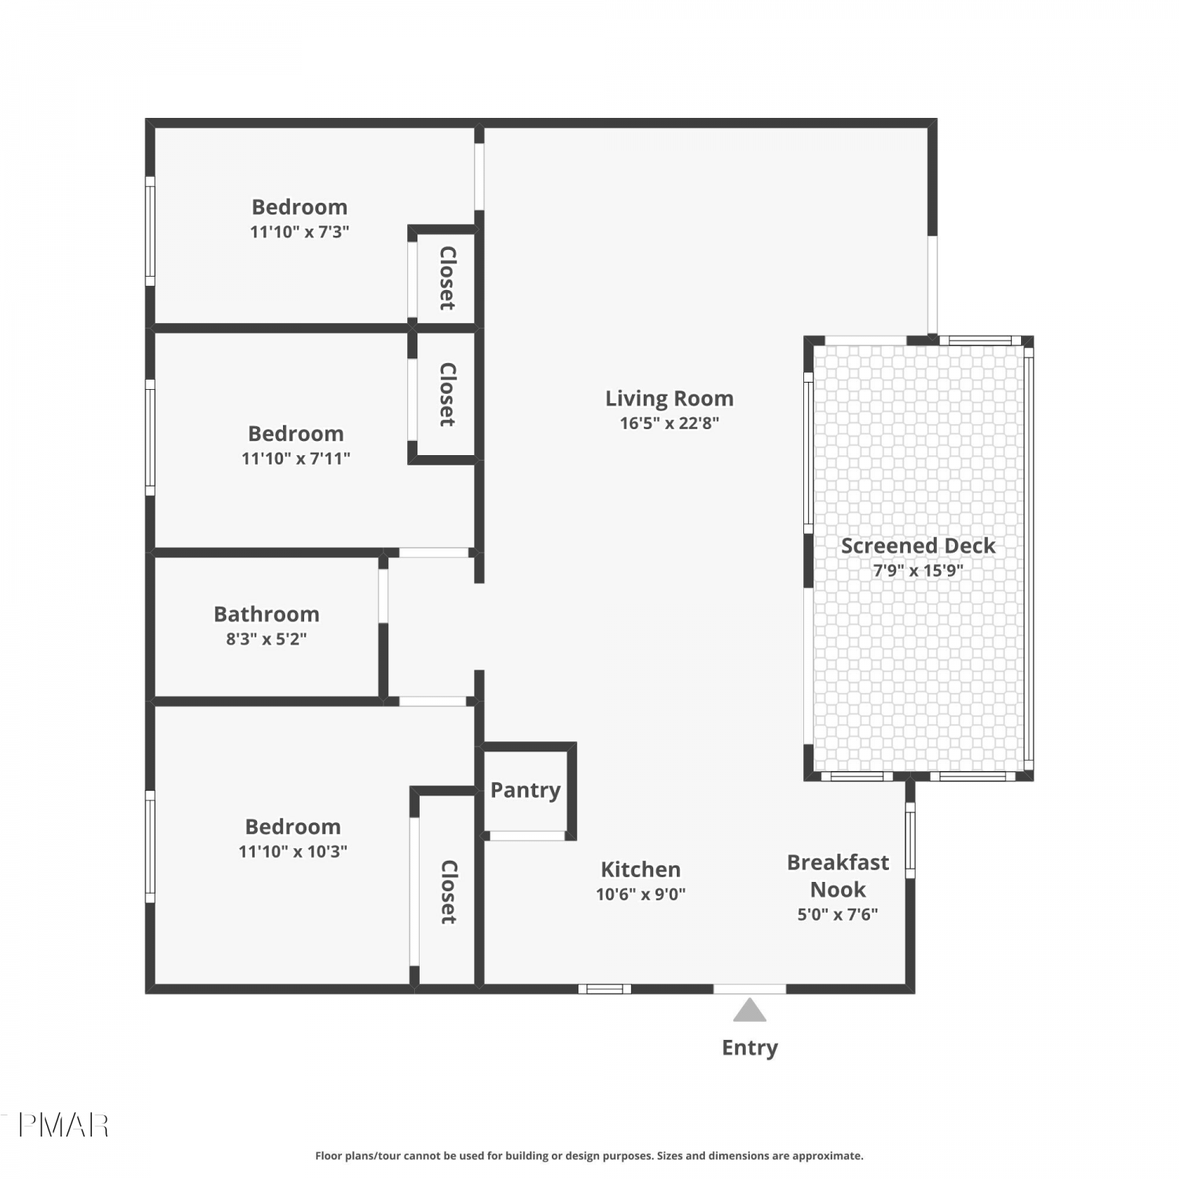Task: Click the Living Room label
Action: click(x=669, y=399)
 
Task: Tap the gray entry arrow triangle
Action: click(x=749, y=1010)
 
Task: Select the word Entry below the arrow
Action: click(x=750, y=1048)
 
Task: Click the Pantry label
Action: click(x=525, y=791)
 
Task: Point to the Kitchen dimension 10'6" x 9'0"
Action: click(x=641, y=894)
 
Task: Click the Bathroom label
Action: click(x=266, y=614)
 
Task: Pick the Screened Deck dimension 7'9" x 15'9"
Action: click(x=918, y=570)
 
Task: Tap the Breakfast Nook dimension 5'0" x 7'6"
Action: click(x=837, y=914)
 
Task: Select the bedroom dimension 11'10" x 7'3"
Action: click(x=299, y=232)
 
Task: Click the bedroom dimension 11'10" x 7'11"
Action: click(x=296, y=458)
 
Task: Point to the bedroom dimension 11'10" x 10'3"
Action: click(x=292, y=851)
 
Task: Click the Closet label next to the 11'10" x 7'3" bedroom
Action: click(x=447, y=278)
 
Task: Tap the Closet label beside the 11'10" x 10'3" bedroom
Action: click(x=448, y=892)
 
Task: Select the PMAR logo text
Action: click(x=63, y=1126)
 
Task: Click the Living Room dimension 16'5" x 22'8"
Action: click(x=669, y=423)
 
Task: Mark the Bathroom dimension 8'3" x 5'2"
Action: click(x=266, y=639)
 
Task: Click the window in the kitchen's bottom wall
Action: click(x=605, y=989)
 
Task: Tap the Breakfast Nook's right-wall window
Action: click(x=910, y=839)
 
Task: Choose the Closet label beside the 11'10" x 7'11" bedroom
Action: click(x=447, y=395)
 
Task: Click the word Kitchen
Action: click(x=641, y=869)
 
